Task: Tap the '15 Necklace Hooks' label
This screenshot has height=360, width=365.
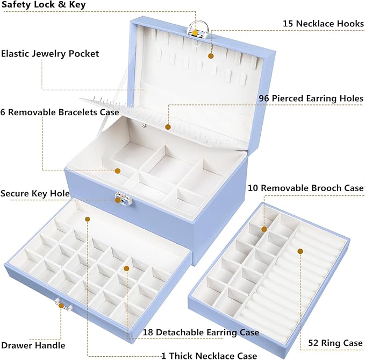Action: point(323,24)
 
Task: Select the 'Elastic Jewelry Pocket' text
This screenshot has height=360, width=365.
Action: point(49,54)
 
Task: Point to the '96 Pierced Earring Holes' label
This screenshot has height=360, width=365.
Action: point(310,98)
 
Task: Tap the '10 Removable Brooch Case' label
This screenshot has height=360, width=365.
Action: point(305,188)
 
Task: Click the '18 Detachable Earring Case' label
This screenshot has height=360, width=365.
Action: point(201,333)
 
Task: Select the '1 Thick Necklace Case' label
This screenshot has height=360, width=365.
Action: point(209,355)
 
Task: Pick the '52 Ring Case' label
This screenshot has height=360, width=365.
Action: point(335,342)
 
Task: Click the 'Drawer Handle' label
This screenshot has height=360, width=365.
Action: point(33,345)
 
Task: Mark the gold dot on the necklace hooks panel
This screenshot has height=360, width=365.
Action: point(211,55)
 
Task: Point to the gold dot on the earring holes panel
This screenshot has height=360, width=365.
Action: point(168,128)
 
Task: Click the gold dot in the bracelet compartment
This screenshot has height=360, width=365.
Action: point(118,171)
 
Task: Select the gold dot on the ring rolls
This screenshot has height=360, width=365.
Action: point(300,251)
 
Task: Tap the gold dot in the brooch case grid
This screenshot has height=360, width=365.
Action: point(264,229)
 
